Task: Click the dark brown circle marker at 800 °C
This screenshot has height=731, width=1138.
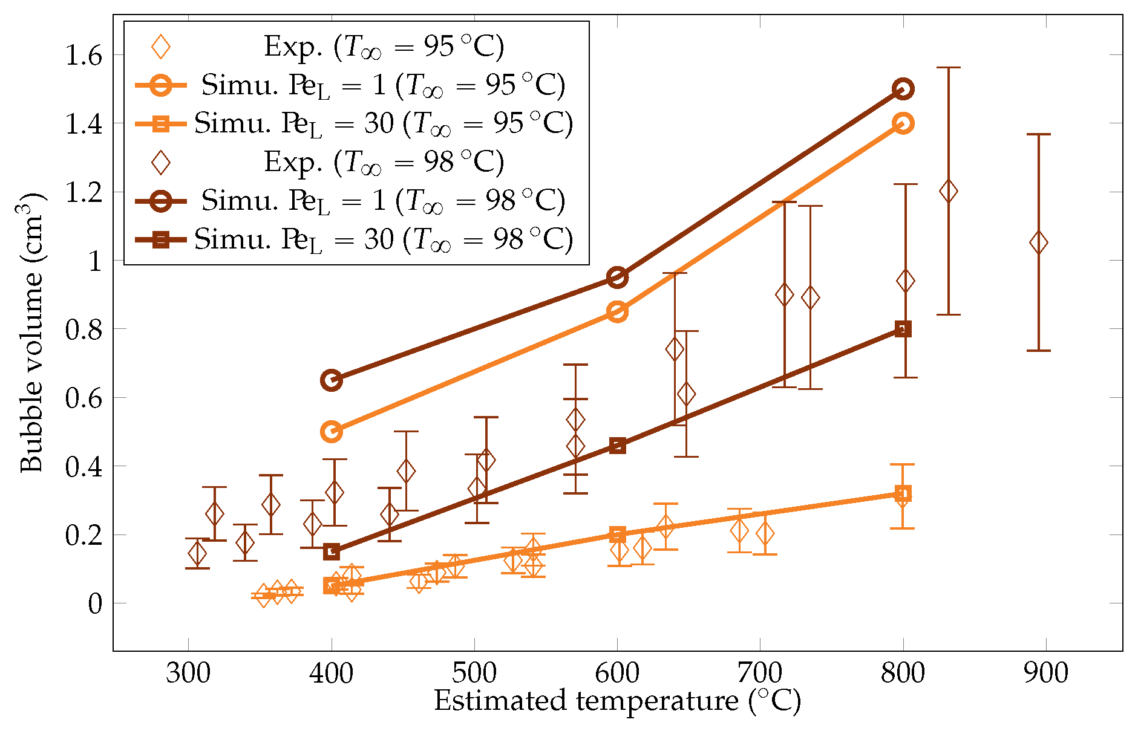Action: click(903, 89)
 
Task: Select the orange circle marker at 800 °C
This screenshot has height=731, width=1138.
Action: click(903, 123)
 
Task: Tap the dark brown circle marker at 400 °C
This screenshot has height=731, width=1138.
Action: click(331, 380)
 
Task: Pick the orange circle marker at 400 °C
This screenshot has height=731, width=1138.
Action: click(331, 432)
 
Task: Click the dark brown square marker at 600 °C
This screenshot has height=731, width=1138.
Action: click(617, 446)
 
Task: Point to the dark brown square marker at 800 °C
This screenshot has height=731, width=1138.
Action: click(903, 329)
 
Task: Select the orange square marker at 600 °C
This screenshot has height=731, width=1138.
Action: click(617, 534)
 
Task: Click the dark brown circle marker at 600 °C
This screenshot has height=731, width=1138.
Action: click(617, 278)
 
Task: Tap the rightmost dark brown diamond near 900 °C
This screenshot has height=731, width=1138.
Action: click(1038, 243)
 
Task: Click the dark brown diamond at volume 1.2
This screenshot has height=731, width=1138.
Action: click(948, 192)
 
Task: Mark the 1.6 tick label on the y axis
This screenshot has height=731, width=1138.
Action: click(83, 56)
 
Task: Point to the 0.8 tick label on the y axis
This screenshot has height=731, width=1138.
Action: click(83, 330)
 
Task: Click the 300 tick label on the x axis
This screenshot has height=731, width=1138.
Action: click(188, 673)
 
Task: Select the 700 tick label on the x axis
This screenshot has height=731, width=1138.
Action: click(760, 673)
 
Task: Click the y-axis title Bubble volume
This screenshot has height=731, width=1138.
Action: click(31, 333)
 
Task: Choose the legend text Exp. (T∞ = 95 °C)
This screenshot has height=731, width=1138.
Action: click(384, 47)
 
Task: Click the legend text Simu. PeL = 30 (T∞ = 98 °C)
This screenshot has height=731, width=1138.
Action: click(384, 240)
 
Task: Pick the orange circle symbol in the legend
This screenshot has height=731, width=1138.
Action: click(161, 85)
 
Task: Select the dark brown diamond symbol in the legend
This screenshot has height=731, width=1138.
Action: click(161, 162)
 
